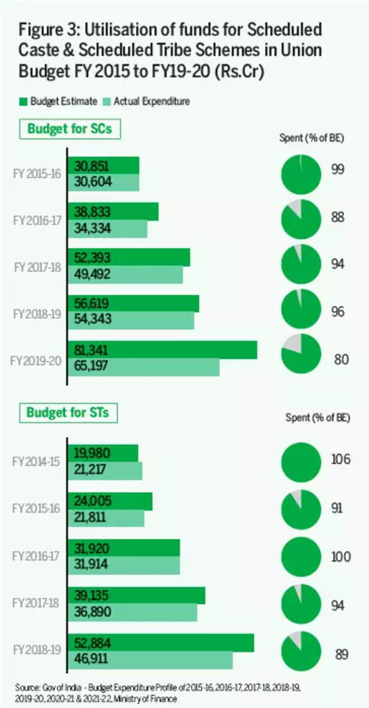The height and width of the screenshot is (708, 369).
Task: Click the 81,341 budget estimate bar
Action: (162, 350)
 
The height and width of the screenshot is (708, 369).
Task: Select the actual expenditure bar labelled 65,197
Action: (144, 367)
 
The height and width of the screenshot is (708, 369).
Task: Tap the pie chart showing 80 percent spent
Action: (301, 354)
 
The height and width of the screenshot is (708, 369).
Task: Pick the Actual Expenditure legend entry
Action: (147, 101)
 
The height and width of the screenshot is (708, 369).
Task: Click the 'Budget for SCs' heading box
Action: (69, 129)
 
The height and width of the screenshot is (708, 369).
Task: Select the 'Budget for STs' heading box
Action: (69, 412)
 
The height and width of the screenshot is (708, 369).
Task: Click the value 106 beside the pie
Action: (341, 460)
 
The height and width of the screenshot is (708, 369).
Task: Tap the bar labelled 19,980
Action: (103, 453)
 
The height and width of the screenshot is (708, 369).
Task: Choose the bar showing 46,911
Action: (150, 659)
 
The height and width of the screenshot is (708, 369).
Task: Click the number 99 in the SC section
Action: (338, 170)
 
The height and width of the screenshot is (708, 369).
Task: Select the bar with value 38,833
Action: (113, 212)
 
